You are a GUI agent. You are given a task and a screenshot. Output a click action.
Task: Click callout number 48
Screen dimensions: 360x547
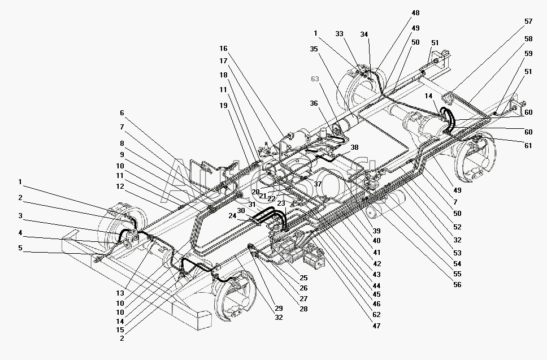(416, 13)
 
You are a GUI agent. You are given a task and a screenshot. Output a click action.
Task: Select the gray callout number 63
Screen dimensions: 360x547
(315, 79)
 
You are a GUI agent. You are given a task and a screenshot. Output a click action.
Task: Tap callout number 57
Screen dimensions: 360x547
(528, 21)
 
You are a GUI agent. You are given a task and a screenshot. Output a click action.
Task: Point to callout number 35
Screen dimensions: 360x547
(314, 49)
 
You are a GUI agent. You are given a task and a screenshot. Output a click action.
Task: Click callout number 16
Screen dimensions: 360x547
(224, 49)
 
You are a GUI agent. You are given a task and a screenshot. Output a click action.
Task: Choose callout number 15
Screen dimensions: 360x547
(121, 329)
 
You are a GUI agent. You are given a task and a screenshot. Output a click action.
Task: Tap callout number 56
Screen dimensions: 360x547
(457, 285)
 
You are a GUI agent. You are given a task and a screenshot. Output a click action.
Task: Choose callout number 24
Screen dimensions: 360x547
(232, 215)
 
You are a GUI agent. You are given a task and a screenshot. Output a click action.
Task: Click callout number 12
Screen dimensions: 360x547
(121, 186)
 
